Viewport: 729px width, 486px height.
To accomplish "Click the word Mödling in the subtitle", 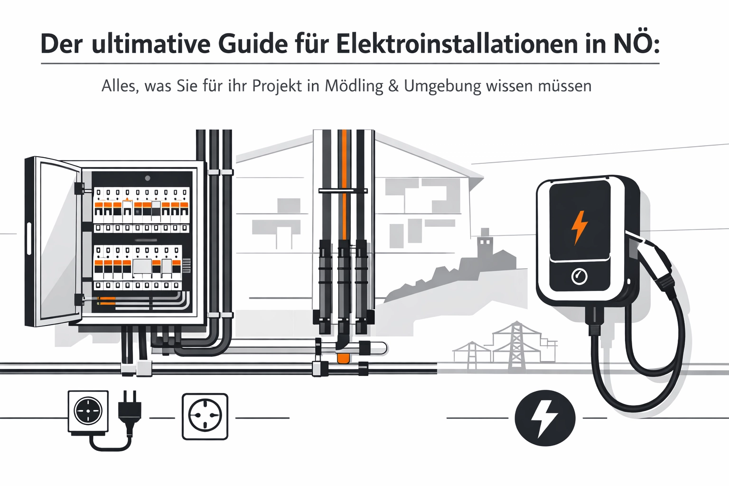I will pos(354,86).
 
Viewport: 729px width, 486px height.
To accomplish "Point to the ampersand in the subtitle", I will pos(393,86).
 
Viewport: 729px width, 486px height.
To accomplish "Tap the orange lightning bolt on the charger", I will pos(579,227).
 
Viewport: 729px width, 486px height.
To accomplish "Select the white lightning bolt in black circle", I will pos(545,418).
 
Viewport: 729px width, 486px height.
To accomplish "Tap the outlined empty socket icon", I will pos(205,416).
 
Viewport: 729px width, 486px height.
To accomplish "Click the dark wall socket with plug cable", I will pos(88,411).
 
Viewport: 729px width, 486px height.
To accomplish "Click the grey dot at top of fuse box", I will pos(148,178).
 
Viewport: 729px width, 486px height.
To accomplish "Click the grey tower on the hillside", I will pos(485,242).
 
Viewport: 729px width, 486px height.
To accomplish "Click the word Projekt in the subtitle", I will pos(277,86).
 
